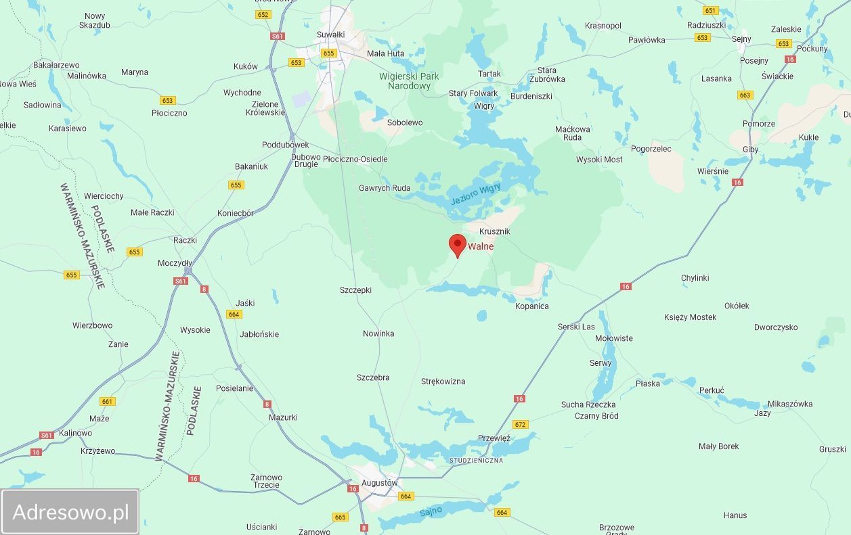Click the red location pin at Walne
pyautogui.click(x=458, y=245)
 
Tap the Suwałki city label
pyautogui.click(x=331, y=34)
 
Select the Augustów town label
pyautogui.click(x=378, y=483)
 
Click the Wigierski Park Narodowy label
pyautogui.click(x=410, y=81)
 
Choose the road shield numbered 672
pyautogui.click(x=520, y=425)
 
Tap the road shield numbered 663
pyautogui.click(x=745, y=95)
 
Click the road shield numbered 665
pyautogui.click(x=341, y=517)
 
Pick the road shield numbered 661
pyautogui.click(x=107, y=401)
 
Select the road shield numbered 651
pyautogui.click(x=710, y=10)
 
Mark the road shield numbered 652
pyautogui.click(x=263, y=14)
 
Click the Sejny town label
pyautogui.click(x=741, y=39)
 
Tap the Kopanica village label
pyautogui.click(x=531, y=306)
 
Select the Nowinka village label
pyautogui.click(x=378, y=333)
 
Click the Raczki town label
pyautogui.click(x=185, y=240)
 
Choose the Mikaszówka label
pyautogui.click(x=789, y=404)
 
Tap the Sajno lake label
pyautogui.click(x=431, y=511)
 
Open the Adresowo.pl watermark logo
pyautogui.click(x=70, y=512)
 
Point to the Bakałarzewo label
pyautogui.click(x=56, y=65)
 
